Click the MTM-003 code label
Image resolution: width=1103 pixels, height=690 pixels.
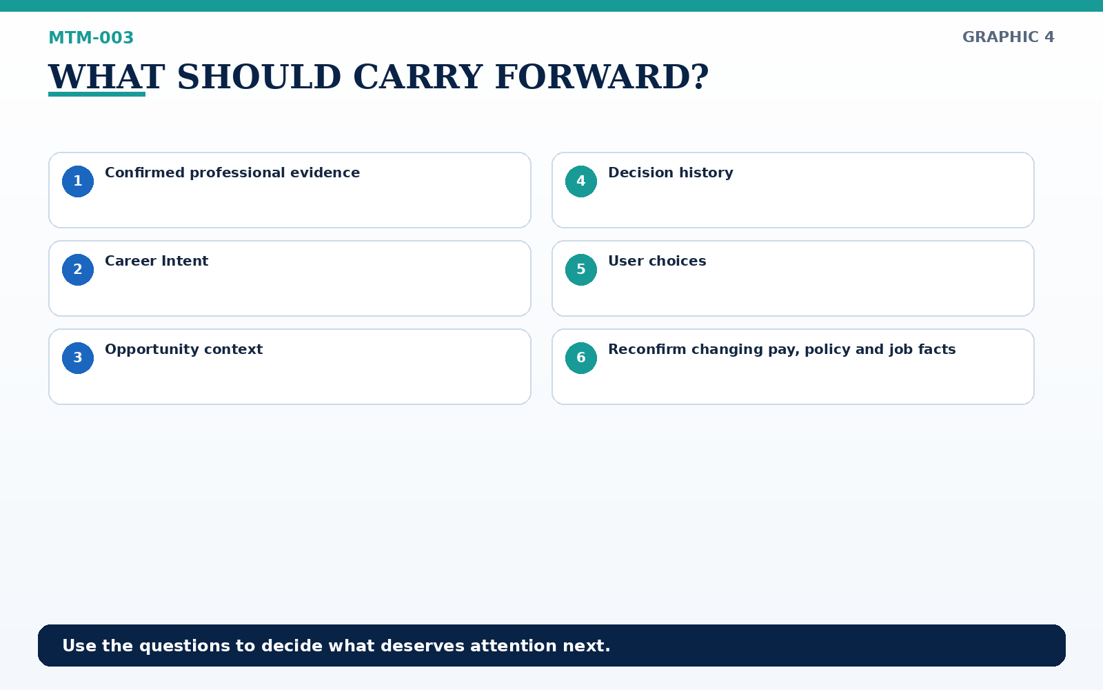point(91,37)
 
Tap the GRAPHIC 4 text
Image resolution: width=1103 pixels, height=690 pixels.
point(1008,37)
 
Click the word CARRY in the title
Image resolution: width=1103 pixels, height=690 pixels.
point(418,77)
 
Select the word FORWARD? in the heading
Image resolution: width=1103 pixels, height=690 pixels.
point(602,77)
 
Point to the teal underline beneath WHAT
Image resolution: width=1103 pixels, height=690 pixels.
point(97,94)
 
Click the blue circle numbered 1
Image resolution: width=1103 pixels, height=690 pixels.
point(78,181)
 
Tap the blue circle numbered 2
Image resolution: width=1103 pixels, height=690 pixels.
point(78,270)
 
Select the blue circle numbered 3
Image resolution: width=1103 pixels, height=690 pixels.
point(78,358)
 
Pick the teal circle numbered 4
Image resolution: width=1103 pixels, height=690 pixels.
point(581,181)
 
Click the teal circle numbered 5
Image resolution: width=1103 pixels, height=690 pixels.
point(581,270)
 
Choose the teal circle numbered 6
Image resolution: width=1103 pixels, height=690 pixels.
point(581,358)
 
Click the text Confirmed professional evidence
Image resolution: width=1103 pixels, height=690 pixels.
point(232,173)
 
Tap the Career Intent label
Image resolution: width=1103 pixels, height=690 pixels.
point(156,261)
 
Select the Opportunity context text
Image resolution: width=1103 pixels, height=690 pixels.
point(183,349)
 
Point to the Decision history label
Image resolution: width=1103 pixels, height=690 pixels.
point(671,173)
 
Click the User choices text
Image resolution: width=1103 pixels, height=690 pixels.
point(657,261)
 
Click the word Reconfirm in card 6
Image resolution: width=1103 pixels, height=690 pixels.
point(647,349)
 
